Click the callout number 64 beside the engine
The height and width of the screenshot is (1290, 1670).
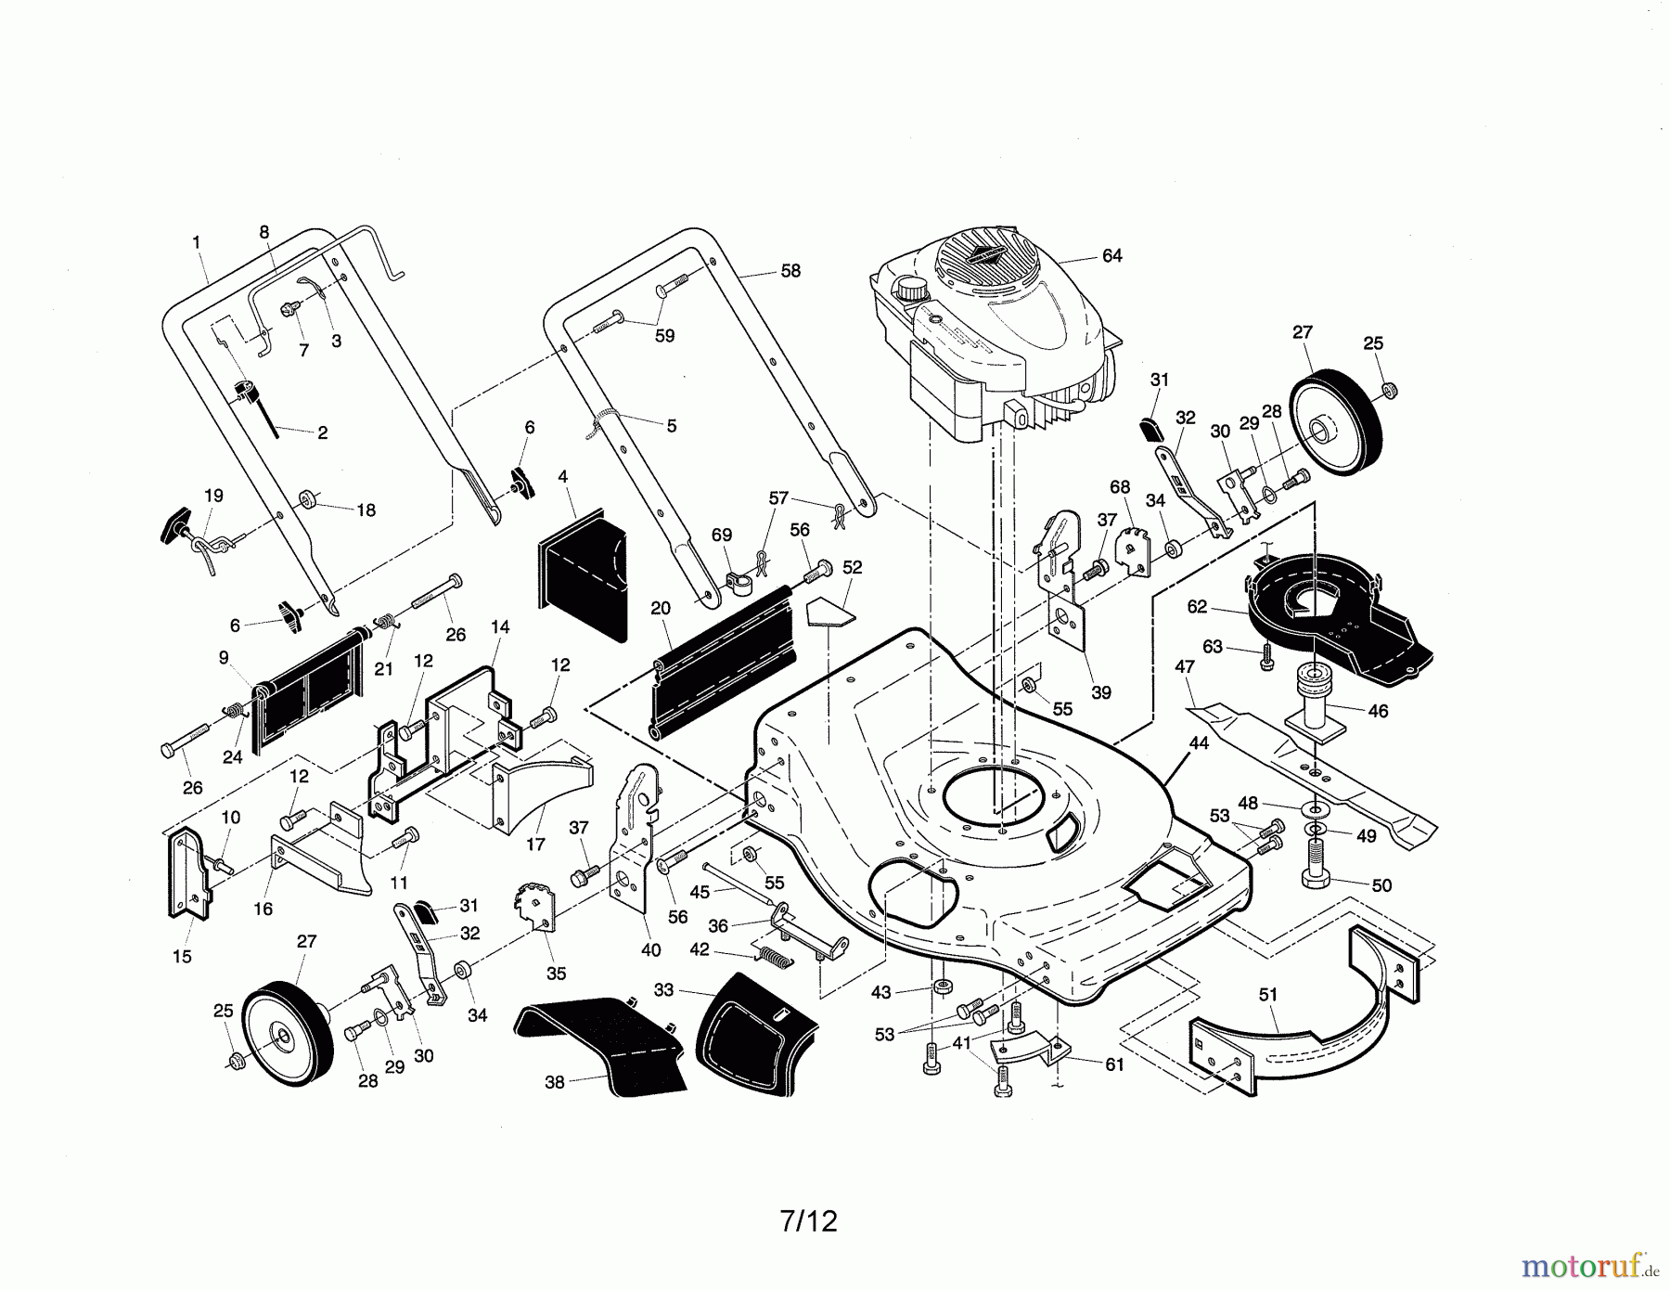[x=1111, y=255]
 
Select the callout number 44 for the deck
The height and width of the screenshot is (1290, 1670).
[x=1198, y=743]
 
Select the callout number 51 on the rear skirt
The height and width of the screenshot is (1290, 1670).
[x=1268, y=995]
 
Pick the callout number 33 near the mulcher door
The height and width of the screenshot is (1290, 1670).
[x=663, y=990]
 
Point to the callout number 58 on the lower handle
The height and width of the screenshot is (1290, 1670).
[x=790, y=271]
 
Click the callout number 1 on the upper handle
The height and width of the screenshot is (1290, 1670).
[x=197, y=242]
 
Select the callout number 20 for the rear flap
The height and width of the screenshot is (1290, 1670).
[x=661, y=609]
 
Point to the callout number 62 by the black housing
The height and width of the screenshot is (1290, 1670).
[x=1197, y=607]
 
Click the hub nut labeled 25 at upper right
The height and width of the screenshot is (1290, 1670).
[x=1389, y=388]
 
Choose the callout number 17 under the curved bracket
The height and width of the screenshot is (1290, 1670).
[x=535, y=845]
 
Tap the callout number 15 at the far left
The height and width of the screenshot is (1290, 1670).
[x=182, y=957]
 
